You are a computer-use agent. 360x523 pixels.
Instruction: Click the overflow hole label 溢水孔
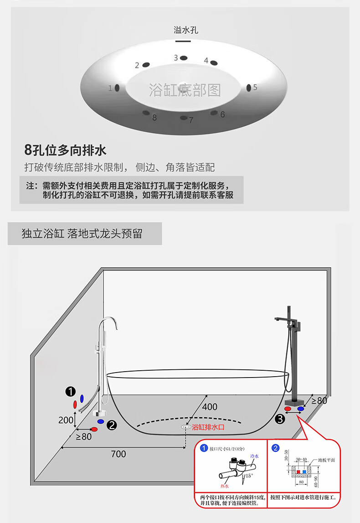coord(186,31)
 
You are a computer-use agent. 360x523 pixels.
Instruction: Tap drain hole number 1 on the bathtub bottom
coord(117,88)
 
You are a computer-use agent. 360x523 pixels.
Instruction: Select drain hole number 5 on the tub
coord(249,88)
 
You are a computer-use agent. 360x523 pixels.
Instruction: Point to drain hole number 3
coord(184,58)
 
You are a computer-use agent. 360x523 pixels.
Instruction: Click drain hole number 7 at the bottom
coord(183,118)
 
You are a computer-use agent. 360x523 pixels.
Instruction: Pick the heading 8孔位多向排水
coord(65,150)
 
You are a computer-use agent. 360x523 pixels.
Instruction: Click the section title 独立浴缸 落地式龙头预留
coord(82,234)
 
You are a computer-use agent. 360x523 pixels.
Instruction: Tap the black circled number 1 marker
coord(70,391)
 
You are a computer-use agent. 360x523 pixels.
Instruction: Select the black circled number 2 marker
coord(112,425)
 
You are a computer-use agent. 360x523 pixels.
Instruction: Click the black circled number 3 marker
coord(280,417)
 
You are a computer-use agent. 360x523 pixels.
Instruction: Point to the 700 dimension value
coord(118,454)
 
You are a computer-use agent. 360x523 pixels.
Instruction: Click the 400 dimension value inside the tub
coord(210,407)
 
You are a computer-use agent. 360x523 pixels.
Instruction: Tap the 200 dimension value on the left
coord(66,420)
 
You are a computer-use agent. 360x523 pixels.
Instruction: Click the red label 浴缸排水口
coord(208,428)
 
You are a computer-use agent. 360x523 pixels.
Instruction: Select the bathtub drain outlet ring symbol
coord(185,427)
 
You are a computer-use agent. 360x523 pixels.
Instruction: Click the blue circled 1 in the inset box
coord(204,448)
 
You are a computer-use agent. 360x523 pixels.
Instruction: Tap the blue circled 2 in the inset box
coord(275,448)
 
